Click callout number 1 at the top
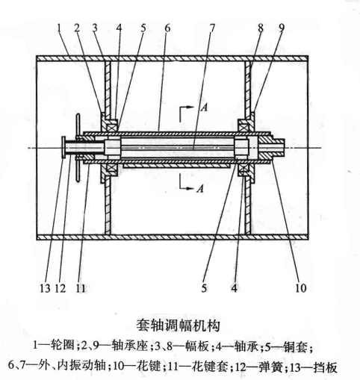59,28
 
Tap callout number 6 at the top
167,28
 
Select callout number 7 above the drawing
211,28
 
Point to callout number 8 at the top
261,28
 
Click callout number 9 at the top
282,28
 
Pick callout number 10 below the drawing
300,288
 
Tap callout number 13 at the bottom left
45,289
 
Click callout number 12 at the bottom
60,289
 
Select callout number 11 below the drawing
81,289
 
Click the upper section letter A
204,108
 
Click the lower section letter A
200,188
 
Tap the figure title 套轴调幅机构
179,326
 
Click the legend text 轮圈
62,345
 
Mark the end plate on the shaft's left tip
63,147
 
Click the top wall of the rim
173,58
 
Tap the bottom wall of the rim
173,237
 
